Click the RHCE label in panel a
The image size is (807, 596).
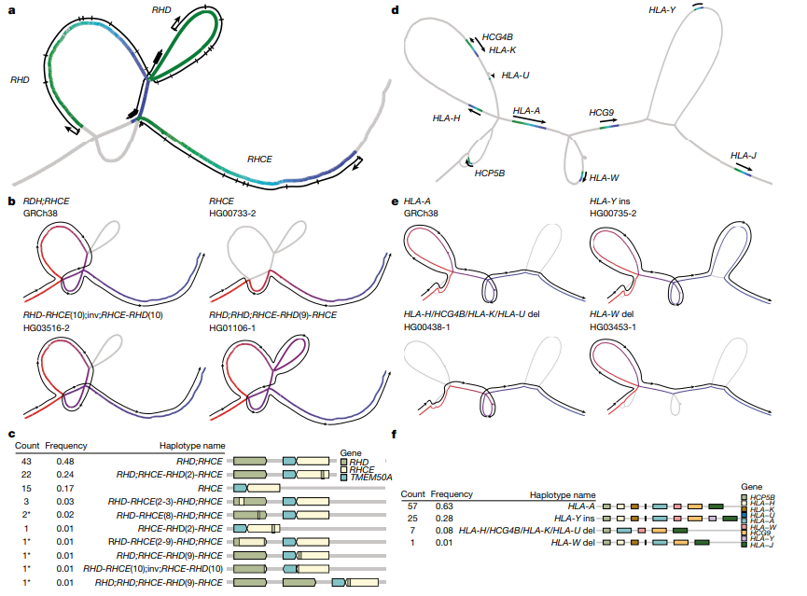(259, 159)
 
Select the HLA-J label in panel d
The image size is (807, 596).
(744, 155)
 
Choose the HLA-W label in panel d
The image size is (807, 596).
(605, 178)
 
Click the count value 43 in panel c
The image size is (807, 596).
(26, 461)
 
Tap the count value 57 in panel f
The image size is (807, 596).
(407, 505)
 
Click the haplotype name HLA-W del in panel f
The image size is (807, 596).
(573, 541)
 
